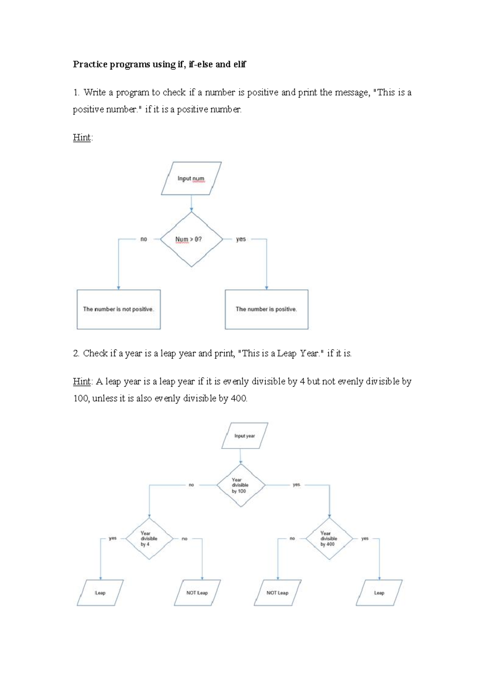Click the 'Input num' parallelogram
pyautogui.click(x=191, y=178)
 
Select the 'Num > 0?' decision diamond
pyautogui.click(x=191, y=239)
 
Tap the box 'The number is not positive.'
pyautogui.click(x=119, y=309)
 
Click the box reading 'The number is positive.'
pyautogui.click(x=266, y=309)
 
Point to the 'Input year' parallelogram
pyautogui.click(x=244, y=436)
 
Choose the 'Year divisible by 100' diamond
pyautogui.click(x=241, y=485)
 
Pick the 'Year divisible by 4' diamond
pyautogui.click(x=149, y=539)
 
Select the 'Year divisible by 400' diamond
pyautogui.click(x=329, y=539)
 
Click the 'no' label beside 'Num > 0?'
pyautogui.click(x=144, y=239)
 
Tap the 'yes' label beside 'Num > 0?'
pyautogui.click(x=241, y=239)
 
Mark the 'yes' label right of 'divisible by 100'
pyautogui.click(x=296, y=485)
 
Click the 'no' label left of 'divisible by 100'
pyautogui.click(x=191, y=485)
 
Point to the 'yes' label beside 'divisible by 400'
pyautogui.click(x=365, y=538)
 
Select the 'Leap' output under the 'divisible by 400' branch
pyautogui.click(x=379, y=593)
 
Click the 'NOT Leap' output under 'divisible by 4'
pyautogui.click(x=197, y=593)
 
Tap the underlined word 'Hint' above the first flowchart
pyautogui.click(x=82, y=138)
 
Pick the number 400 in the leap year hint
pyautogui.click(x=238, y=398)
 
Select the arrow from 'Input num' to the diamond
pyautogui.click(x=191, y=203)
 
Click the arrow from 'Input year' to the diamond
pyautogui.click(x=241, y=456)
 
